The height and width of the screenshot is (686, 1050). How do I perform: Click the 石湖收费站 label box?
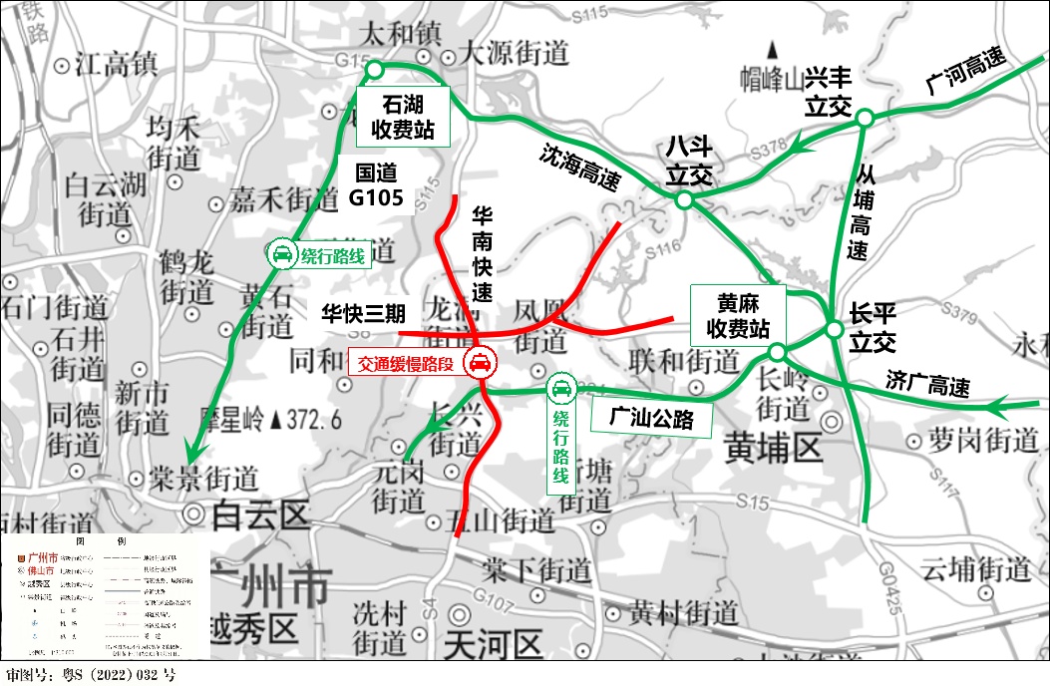tap(403, 116)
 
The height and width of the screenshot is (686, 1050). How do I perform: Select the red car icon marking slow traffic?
tap(480, 363)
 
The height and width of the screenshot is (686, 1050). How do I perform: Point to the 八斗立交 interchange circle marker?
tap(684, 200)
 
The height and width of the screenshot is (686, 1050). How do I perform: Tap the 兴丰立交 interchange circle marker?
tap(865, 118)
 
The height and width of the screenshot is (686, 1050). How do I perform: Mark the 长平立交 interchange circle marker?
tap(835, 330)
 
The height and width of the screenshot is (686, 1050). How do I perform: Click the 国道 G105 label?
tap(376, 185)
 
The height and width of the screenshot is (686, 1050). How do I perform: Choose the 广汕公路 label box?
tap(655, 418)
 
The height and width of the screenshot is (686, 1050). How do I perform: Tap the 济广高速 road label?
tap(927, 382)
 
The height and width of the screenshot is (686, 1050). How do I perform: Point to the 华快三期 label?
tap(363, 313)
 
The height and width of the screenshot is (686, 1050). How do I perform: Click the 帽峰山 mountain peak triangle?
tap(774, 47)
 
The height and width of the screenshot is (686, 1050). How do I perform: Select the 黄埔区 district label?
tap(774, 449)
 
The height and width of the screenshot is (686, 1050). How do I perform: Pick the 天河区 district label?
tap(493, 642)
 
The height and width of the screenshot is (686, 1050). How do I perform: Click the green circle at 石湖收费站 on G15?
tap(375, 69)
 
